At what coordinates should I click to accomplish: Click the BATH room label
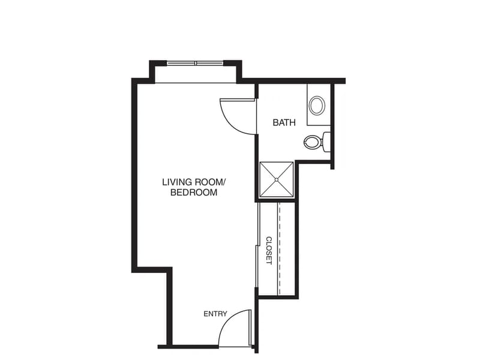pos(284,122)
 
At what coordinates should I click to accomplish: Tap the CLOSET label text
pos(269,250)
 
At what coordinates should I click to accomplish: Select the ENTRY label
pos(215,314)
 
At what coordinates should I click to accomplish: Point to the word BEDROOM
pos(194,193)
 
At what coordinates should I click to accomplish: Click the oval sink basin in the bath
pos(317,106)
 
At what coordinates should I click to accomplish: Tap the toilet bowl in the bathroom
pos(312,142)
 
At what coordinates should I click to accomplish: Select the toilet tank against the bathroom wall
pos(326,142)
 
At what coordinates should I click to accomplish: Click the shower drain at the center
pos(277,179)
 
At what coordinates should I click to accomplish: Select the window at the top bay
pos(196,64)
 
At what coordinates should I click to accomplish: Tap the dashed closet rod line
pos(278,248)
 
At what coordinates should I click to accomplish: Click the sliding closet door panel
pos(257,266)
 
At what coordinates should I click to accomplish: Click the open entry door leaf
pos(250,328)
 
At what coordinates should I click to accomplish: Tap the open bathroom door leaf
pos(238,99)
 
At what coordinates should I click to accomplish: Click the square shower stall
pos(277,179)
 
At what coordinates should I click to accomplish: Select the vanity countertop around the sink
pos(319,104)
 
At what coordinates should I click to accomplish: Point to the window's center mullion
pos(196,64)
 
